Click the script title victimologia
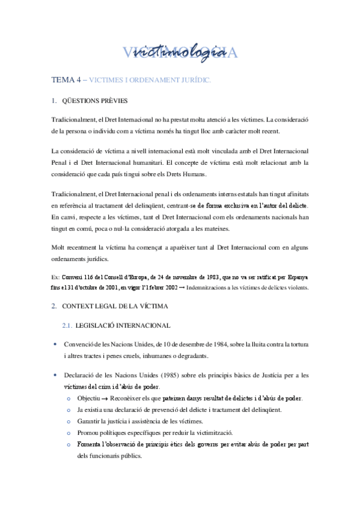[x=181, y=53]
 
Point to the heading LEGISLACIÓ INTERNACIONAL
[x=123, y=326]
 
